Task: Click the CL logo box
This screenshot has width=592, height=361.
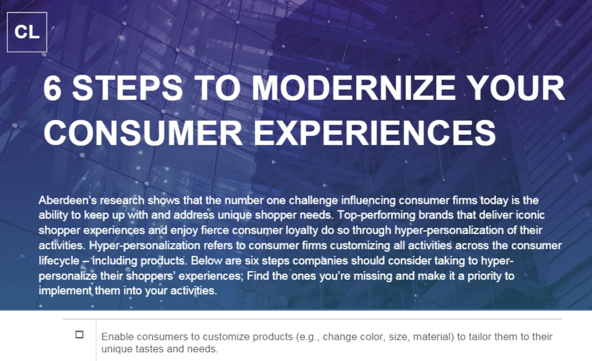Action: pyautogui.click(x=27, y=32)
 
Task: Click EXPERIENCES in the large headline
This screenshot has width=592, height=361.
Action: pyautogui.click(x=375, y=131)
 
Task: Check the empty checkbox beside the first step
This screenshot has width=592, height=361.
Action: pyautogui.click(x=79, y=335)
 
